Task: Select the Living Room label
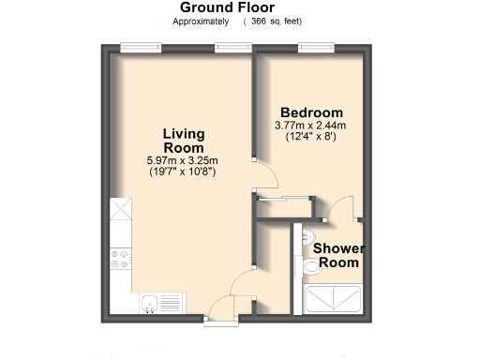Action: tap(184, 141)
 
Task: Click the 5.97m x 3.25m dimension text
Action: tap(184, 160)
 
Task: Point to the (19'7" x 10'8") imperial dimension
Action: tap(184, 172)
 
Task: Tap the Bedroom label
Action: tap(311, 112)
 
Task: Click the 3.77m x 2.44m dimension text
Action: tap(311, 125)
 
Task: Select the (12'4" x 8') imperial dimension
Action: tap(311, 136)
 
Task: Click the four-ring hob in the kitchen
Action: tap(121, 261)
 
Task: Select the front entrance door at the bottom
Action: tap(220, 312)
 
